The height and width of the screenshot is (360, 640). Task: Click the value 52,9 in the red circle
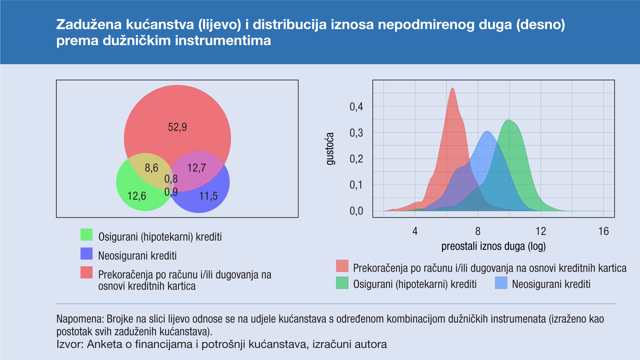point(177,127)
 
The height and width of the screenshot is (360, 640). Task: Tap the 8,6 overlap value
point(151,168)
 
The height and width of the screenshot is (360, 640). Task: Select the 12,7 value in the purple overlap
point(197,168)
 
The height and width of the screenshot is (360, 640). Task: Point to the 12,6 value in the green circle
point(137,196)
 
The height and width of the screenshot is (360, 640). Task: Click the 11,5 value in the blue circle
point(208,196)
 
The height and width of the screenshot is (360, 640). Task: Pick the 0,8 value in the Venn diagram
point(171,179)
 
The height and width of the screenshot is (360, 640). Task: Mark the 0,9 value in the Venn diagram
point(171,192)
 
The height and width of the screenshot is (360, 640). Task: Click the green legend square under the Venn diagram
point(86,235)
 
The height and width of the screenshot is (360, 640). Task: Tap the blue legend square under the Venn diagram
point(86,254)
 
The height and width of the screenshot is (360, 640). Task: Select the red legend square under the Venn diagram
point(86,272)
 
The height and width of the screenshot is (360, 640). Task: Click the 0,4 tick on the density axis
point(356,107)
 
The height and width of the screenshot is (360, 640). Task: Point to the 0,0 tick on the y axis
point(356,211)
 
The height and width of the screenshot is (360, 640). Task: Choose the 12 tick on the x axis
point(541,231)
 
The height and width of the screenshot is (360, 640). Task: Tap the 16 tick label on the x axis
point(603,231)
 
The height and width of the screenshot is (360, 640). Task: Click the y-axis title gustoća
point(330,149)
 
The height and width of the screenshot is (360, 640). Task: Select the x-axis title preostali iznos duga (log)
point(493,246)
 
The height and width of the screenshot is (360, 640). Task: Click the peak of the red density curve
point(452,88)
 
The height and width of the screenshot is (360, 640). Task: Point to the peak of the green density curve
point(508,120)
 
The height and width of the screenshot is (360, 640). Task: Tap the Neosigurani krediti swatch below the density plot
point(501,283)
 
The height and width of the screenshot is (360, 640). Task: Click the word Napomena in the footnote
point(80,319)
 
